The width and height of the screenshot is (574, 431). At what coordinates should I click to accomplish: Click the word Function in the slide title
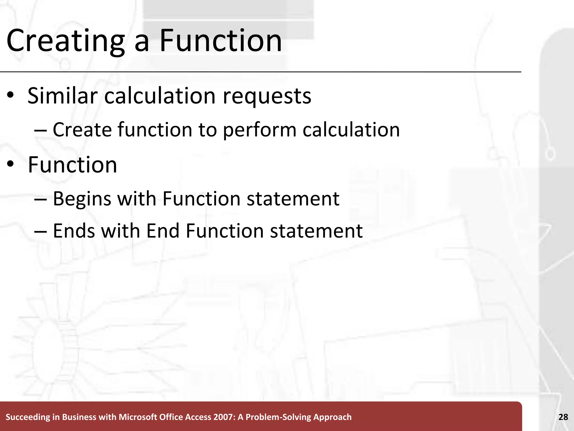pyautogui.click(x=220, y=41)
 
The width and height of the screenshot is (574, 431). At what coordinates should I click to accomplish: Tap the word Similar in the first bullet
pyautogui.click(x=62, y=96)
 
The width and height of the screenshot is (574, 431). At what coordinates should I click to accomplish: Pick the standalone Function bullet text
pyautogui.click(x=72, y=165)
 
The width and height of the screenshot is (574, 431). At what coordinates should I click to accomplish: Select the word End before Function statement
pyautogui.click(x=163, y=231)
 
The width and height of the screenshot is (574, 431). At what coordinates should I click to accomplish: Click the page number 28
pyautogui.click(x=563, y=417)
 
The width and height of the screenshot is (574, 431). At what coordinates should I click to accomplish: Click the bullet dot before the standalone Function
pyautogui.click(x=11, y=165)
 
